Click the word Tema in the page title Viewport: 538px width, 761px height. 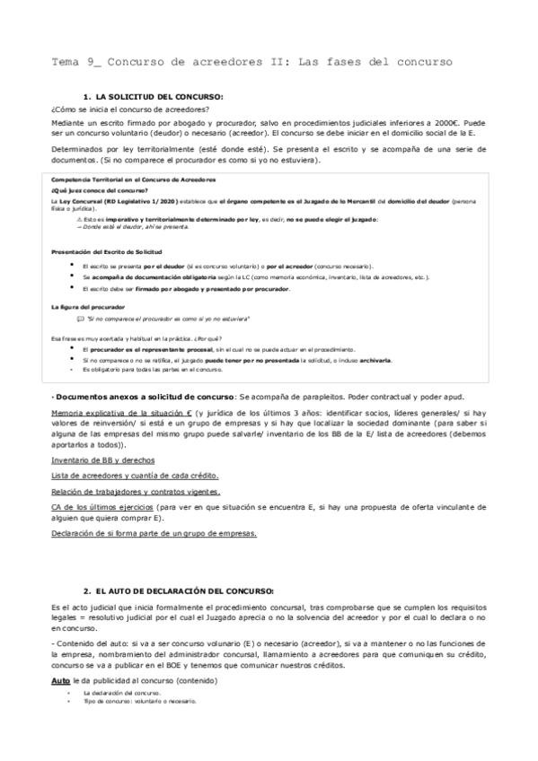pos(66,61)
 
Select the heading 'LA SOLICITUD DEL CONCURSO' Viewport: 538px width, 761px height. pos(159,96)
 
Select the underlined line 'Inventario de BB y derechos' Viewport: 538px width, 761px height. pos(98,459)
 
